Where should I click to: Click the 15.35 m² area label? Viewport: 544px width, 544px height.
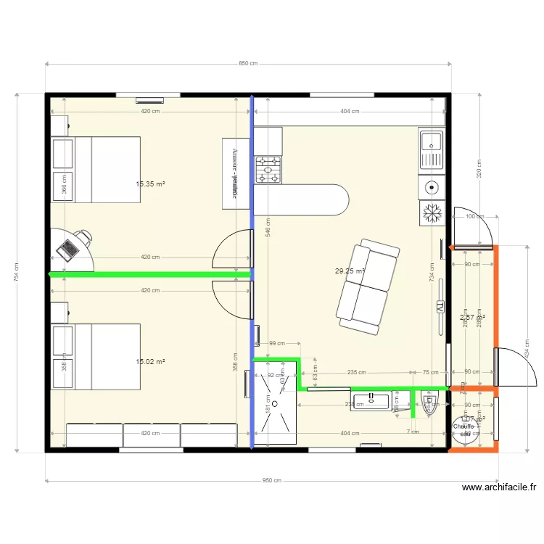(x=150, y=184)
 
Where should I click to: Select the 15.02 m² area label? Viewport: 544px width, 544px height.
(x=150, y=361)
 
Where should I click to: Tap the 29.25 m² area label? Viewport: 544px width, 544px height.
(x=349, y=271)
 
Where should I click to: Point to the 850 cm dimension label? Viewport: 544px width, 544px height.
(x=248, y=64)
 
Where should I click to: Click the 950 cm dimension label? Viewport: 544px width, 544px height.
(x=271, y=480)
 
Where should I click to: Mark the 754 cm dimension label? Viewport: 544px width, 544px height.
(x=17, y=273)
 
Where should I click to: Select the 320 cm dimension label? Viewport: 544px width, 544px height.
(x=479, y=168)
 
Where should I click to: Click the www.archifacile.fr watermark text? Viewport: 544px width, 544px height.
(x=499, y=488)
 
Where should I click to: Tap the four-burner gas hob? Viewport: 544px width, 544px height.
(x=268, y=170)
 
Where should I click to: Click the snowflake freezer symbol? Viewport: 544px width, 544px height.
(x=432, y=213)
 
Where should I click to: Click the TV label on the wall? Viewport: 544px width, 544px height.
(x=440, y=308)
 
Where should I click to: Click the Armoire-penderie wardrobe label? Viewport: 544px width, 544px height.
(x=235, y=172)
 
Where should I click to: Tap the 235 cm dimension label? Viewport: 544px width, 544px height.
(x=356, y=372)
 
